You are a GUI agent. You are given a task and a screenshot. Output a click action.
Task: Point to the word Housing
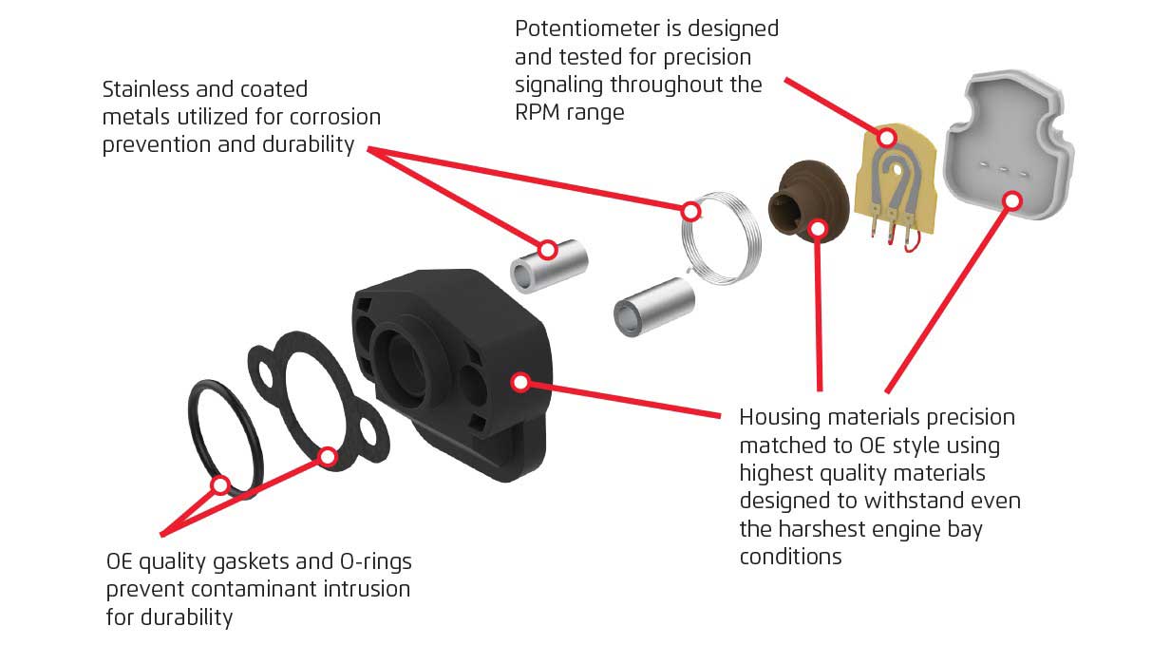782,417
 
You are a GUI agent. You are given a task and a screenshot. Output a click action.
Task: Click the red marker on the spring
691,209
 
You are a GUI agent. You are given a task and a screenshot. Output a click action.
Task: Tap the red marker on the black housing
519,382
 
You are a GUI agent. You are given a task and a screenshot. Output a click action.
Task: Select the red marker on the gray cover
1012,200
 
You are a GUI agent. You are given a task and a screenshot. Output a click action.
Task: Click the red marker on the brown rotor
818,228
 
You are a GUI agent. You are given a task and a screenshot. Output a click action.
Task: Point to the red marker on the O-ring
220,485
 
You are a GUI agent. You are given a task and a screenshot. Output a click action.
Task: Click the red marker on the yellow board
886,138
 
